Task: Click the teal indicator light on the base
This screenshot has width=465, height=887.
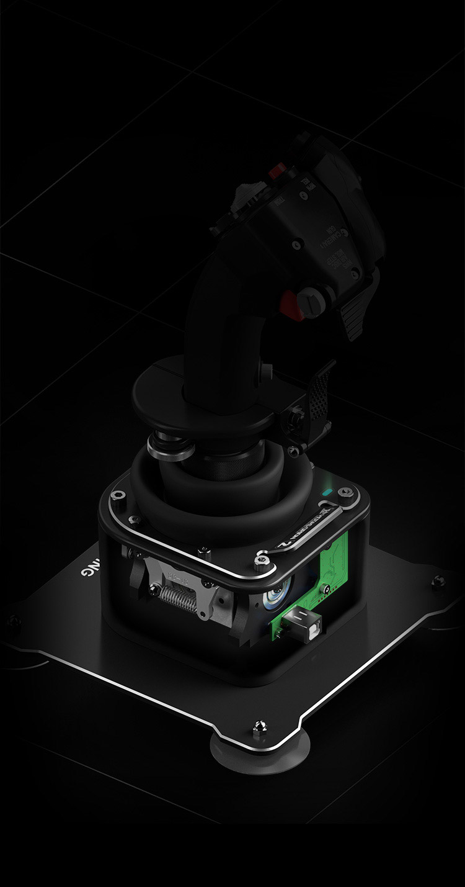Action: [326, 494]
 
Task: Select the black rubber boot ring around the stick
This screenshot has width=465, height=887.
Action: [205, 497]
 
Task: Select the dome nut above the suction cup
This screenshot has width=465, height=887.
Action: [255, 726]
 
